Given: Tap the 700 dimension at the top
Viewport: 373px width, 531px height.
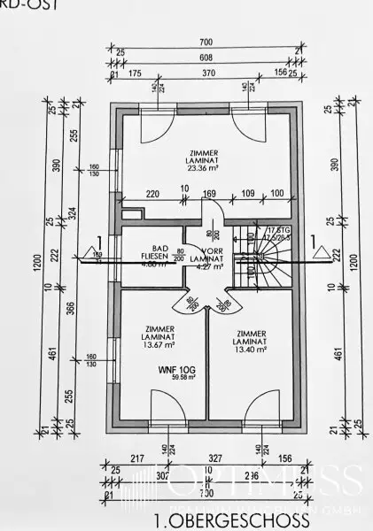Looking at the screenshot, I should point(206,42).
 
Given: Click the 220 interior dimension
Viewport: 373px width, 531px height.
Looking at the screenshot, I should point(152,191).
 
